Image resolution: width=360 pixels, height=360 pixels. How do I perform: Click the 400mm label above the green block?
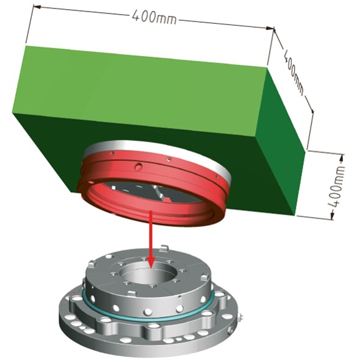[154, 16]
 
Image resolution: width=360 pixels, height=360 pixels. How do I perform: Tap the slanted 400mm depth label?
[293, 72]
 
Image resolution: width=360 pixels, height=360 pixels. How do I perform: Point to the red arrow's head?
[151, 262]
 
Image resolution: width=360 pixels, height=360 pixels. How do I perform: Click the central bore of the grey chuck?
[149, 273]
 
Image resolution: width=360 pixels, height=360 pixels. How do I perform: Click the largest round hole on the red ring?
[139, 167]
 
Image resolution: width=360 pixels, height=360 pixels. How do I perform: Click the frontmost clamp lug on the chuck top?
[132, 293]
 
